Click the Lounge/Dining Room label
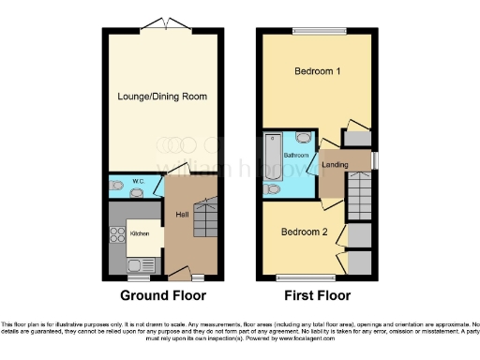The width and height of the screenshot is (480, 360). coord(162,97)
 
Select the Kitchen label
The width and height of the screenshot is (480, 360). coord(139,232)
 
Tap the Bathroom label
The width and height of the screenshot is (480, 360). coord(298,155)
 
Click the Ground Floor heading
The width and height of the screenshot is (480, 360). coord(161,295)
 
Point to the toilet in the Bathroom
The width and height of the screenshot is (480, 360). coord(272,188)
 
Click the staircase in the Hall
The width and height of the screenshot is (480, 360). coord(203,221)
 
